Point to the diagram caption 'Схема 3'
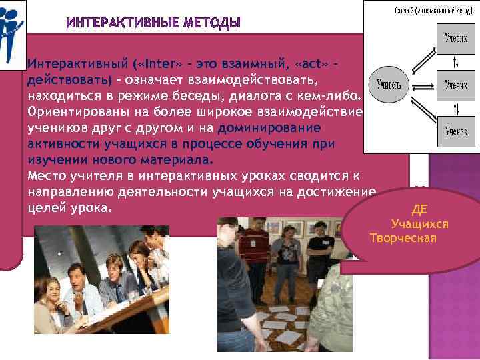pyautogui.click(x=419, y=11)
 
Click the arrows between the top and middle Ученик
pyautogui.click(x=455, y=63)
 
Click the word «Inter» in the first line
pyautogui.click(x=159, y=65)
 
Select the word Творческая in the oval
pyautogui.click(x=403, y=238)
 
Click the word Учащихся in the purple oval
pyautogui.click(x=419, y=224)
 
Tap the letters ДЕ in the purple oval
pyautogui.click(x=419, y=209)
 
